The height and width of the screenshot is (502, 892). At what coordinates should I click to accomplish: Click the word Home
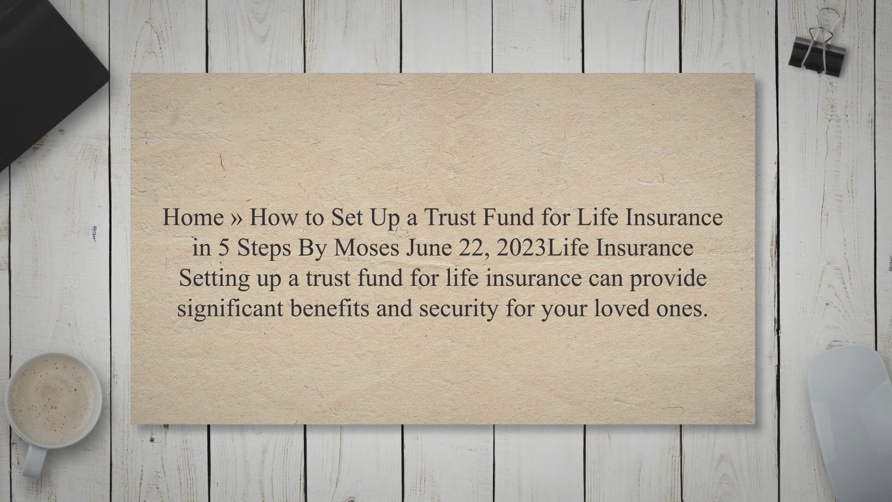click(193, 217)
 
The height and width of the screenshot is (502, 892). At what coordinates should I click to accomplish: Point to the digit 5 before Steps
click(224, 248)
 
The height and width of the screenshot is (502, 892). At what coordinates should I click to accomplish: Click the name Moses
click(367, 248)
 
